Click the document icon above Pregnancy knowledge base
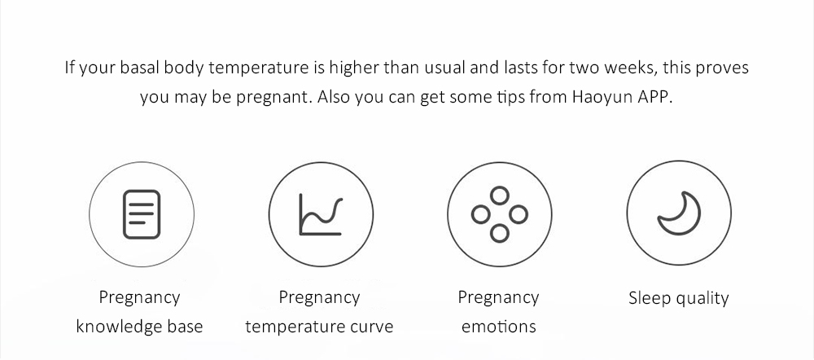coord(140,214)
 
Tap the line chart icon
coord(320,214)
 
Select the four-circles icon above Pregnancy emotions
coord(499,214)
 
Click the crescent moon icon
coord(679,213)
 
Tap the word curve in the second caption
coord(370,327)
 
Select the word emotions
coord(498,327)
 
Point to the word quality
coord(702,298)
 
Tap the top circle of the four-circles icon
coord(499,195)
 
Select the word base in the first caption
coord(183,327)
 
